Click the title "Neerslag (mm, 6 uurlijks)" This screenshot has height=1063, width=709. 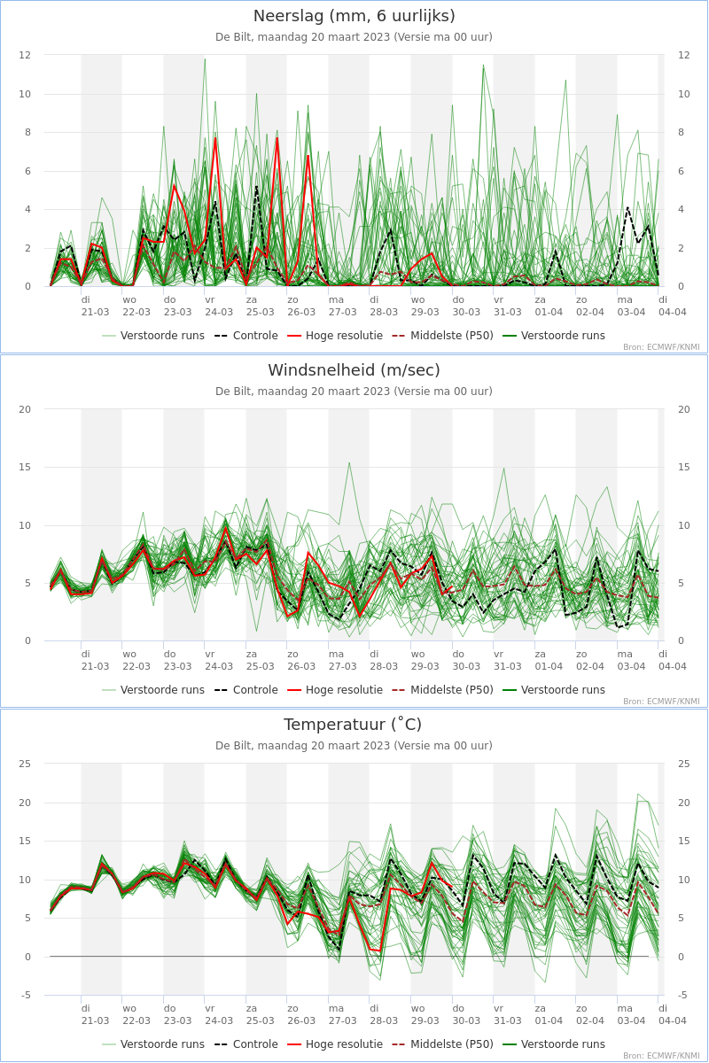(354, 16)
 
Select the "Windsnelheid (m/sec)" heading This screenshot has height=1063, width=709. (354, 370)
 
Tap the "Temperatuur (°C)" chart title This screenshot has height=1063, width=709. (353, 725)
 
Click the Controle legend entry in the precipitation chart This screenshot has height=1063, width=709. (246, 336)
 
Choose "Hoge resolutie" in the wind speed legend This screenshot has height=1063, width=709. (335, 689)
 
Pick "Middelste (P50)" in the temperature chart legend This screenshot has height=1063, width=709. (442, 1044)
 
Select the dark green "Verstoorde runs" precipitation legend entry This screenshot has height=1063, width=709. (554, 336)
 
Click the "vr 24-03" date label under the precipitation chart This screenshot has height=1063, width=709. (219, 306)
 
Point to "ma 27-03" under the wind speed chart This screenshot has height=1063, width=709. (342, 660)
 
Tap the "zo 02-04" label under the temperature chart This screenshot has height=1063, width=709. (590, 1014)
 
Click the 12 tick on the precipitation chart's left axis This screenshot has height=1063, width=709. (25, 55)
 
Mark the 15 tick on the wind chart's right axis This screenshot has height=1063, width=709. (684, 467)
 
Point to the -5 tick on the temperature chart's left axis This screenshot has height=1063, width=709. (26, 995)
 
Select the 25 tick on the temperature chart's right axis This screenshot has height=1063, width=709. (684, 764)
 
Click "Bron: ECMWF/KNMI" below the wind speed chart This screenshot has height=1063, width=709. (661, 701)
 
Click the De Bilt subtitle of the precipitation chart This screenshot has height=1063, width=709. (354, 37)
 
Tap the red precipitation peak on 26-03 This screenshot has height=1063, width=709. (308, 155)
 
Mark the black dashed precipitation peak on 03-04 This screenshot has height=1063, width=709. (627, 207)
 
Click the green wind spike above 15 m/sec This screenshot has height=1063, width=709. (349, 462)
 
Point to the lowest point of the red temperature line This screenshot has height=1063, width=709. (379, 951)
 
